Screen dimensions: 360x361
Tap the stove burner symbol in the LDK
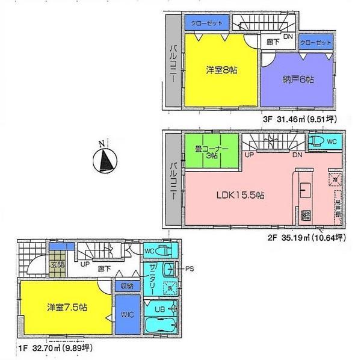305,215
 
